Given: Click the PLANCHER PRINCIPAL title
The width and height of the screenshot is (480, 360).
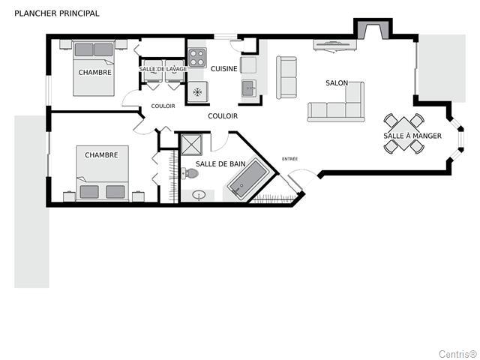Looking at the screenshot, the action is coord(57,13).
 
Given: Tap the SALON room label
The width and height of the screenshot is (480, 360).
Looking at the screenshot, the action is coord(337,83).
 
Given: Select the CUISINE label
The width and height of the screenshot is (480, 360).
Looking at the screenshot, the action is coord(224,69).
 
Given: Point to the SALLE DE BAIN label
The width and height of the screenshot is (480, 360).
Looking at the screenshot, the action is coord(220,163).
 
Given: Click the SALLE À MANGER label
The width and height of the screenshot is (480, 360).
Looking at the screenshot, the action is coord(412,136).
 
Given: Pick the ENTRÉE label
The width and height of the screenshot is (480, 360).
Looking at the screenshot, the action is coord(289,159).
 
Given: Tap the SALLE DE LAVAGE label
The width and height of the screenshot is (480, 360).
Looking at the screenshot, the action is coord(163,69).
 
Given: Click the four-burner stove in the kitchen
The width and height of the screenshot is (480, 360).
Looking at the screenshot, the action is coord(196,58).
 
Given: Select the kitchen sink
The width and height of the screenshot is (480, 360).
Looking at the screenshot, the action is coord(248,88).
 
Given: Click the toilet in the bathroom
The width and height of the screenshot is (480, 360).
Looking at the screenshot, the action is coord(190,173).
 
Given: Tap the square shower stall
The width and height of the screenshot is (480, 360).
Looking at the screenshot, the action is coord(191,145).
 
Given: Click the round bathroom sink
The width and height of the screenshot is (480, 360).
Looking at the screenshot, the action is coord(199,195).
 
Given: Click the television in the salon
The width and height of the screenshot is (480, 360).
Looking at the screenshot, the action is coord(335,45).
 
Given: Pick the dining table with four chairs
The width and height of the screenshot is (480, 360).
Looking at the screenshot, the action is coord(404,133).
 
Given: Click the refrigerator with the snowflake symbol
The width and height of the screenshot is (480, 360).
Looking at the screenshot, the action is coord(198,91).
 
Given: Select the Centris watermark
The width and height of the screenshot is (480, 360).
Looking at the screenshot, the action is coord(458,354).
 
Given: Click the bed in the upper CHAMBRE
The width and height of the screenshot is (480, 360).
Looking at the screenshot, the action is coord(94,68).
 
